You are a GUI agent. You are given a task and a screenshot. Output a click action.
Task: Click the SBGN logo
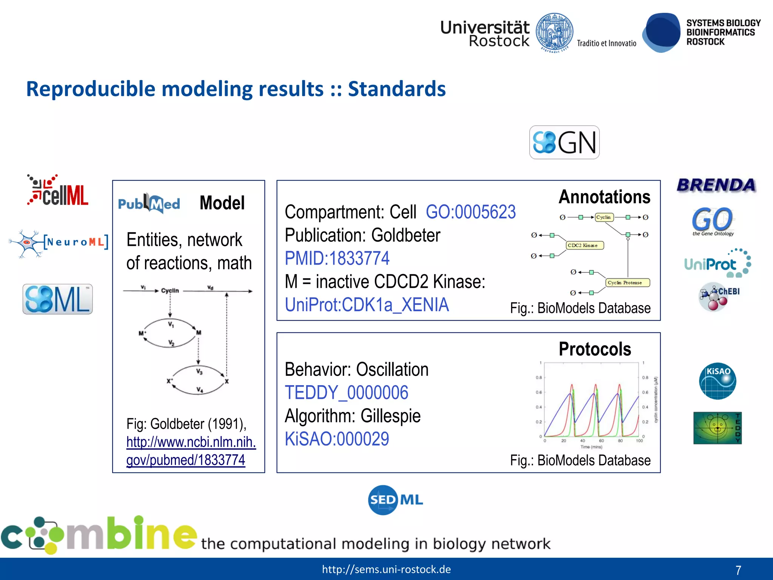(x=564, y=142)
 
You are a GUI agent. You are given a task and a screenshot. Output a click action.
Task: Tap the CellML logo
(x=58, y=191)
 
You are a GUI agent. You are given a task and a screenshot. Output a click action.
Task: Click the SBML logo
(x=57, y=299)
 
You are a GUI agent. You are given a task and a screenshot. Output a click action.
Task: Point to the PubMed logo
(x=149, y=204)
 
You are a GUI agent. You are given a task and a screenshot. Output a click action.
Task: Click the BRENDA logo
(x=716, y=185)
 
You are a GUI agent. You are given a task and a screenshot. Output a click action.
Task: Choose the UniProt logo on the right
(x=717, y=264)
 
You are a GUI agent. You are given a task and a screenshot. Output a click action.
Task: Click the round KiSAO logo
(x=717, y=381)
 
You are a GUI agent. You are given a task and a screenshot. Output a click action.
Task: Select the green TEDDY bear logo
(x=717, y=428)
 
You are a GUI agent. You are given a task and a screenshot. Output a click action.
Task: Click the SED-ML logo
(x=395, y=500)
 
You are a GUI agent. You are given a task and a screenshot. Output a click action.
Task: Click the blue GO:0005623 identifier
(x=470, y=212)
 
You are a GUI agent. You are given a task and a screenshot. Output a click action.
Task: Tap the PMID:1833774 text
(x=337, y=259)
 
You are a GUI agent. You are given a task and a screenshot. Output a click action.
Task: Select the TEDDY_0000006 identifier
(x=346, y=393)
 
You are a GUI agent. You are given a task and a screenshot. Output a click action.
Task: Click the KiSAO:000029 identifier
(x=337, y=439)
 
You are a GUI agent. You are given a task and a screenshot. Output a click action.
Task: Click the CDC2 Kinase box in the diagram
(x=585, y=245)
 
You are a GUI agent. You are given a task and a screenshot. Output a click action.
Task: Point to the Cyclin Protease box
(x=627, y=282)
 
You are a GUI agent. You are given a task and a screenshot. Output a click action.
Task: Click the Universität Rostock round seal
(x=554, y=32)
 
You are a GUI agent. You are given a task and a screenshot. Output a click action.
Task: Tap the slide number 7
(x=738, y=570)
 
